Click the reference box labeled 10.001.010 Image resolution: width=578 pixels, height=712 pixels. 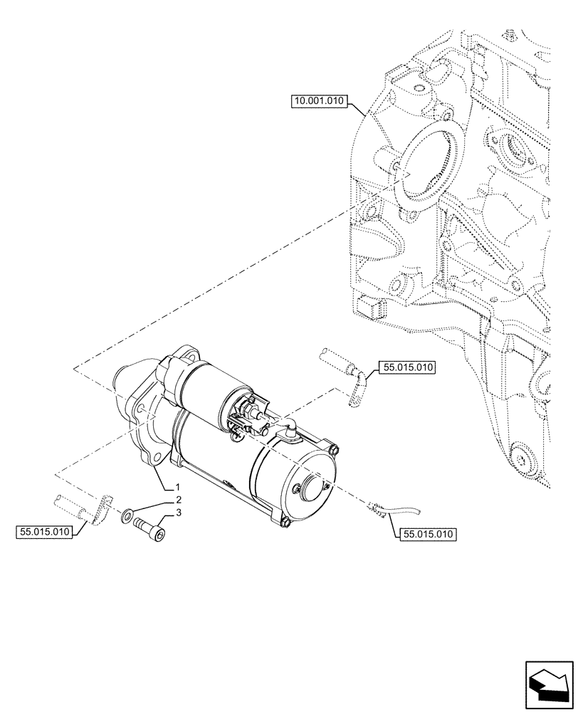pos(319,102)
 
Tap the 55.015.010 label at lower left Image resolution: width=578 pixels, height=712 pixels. pos(44,532)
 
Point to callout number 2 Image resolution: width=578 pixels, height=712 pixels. pos(178,500)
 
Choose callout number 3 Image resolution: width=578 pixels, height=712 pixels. pos(179,513)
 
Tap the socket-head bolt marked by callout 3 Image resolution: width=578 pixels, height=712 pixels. pos(152,530)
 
